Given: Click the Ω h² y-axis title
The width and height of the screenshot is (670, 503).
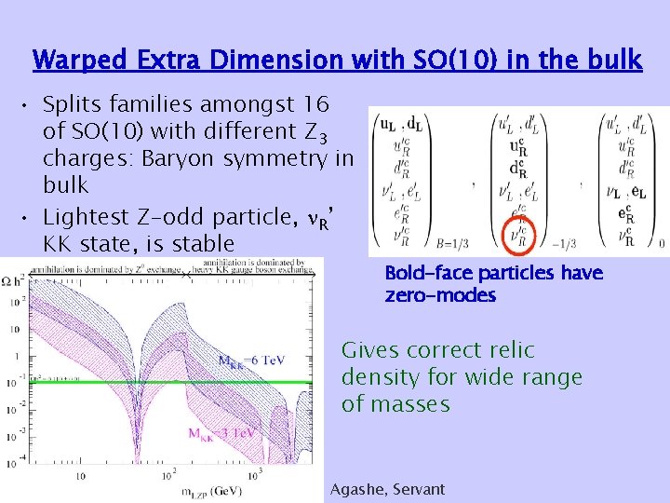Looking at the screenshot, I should [x=12, y=279].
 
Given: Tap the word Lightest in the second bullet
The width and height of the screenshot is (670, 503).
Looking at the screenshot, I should [x=85, y=218].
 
